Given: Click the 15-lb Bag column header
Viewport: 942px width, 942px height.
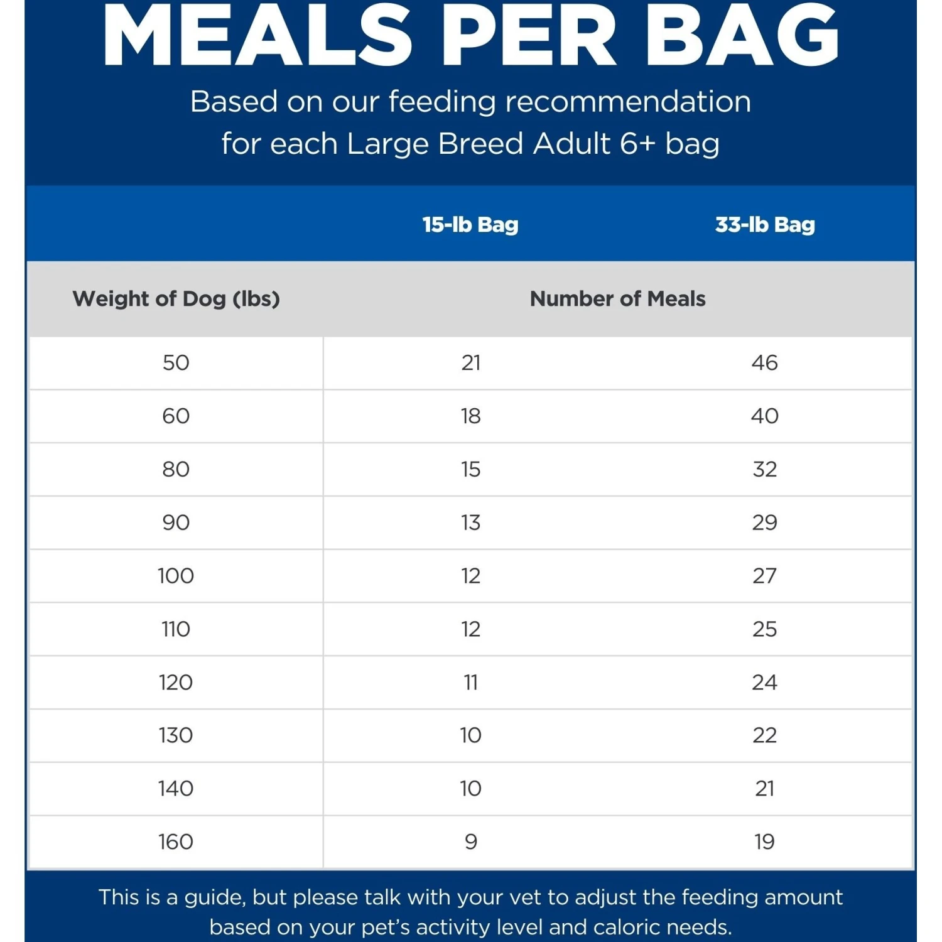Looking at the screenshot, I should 470,224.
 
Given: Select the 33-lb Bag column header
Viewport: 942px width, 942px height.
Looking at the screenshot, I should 765,224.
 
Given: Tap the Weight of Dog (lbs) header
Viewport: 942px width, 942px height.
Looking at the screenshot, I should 176,298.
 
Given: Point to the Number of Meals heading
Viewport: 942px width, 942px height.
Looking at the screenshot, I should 617,298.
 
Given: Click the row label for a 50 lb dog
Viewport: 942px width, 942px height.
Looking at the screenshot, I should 176,362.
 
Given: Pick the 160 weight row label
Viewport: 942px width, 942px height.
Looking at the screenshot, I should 176,842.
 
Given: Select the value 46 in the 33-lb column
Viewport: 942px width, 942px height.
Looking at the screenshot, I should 765,362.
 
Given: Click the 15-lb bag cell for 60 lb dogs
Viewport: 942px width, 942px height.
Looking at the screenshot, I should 470,416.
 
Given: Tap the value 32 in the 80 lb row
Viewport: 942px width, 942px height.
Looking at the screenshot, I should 765,469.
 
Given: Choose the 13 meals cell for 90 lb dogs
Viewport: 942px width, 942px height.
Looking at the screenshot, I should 470,522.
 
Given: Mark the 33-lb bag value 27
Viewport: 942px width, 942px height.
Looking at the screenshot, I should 765,576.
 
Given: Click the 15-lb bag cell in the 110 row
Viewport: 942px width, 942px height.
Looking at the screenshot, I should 470,629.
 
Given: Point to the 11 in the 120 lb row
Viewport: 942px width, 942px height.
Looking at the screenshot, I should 470,682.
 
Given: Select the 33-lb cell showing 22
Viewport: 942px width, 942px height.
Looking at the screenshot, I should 765,735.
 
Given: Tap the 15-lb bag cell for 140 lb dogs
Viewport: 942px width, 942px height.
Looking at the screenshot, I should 470,789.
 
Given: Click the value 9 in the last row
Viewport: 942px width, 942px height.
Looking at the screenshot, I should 470,842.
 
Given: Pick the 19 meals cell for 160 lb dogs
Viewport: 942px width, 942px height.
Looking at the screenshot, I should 765,842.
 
